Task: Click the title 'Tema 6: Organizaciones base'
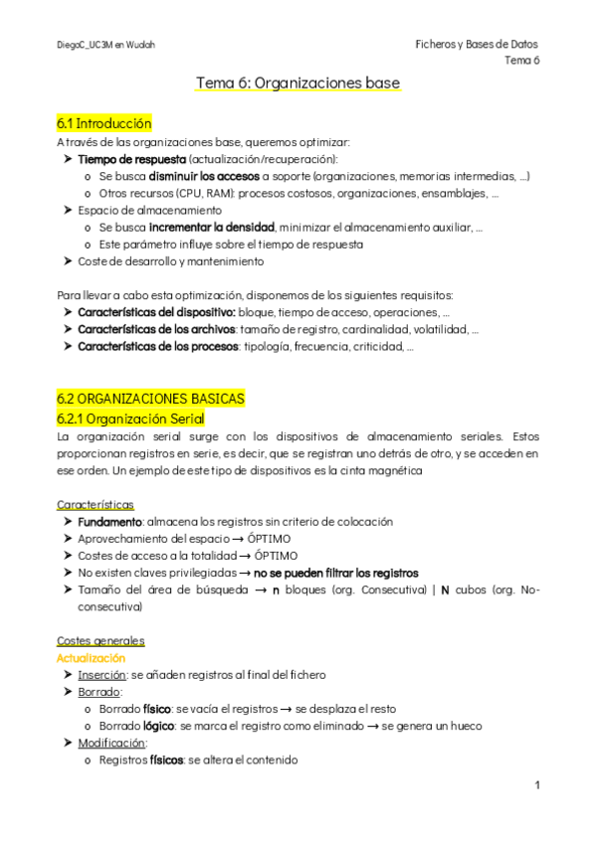coord(298,84)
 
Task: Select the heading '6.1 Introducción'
coord(104,123)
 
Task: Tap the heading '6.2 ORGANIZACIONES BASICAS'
coord(150,398)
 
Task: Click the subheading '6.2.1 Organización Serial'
coord(130,419)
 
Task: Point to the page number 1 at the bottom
coord(536,785)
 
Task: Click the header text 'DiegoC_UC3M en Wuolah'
coord(105,45)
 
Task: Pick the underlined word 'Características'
coord(96,505)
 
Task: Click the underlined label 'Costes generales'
coord(100,640)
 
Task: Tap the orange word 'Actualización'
coord(92,658)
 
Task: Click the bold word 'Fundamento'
coord(109,521)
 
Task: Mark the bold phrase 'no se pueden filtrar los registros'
coord(335,573)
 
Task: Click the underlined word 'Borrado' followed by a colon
coord(99,692)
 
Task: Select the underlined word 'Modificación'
coord(109,743)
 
